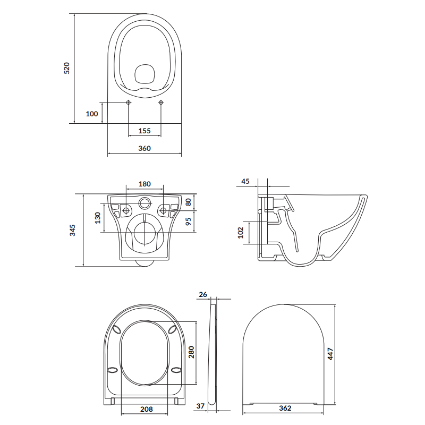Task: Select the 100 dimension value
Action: pyautogui.click(x=91, y=114)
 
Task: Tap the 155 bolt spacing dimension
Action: pyautogui.click(x=144, y=131)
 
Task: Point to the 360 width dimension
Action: pyautogui.click(x=144, y=149)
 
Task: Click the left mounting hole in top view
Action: pyautogui.click(x=129, y=103)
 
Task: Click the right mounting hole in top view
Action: pyautogui.click(x=161, y=103)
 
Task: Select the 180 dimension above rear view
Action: pyautogui.click(x=144, y=184)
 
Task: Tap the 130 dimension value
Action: pyautogui.click(x=98, y=218)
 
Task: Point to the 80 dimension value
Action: pyautogui.click(x=188, y=202)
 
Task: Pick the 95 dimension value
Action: pyautogui.click(x=188, y=221)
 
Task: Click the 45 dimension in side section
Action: pyautogui.click(x=245, y=181)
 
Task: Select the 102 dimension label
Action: pyautogui.click(x=240, y=232)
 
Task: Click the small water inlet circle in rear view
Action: pyautogui.click(x=144, y=202)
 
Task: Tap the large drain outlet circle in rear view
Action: pyautogui.click(x=144, y=233)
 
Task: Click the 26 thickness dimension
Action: pyautogui.click(x=202, y=294)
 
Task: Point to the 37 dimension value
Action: pyautogui.click(x=200, y=406)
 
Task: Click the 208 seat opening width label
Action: pyautogui.click(x=147, y=409)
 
